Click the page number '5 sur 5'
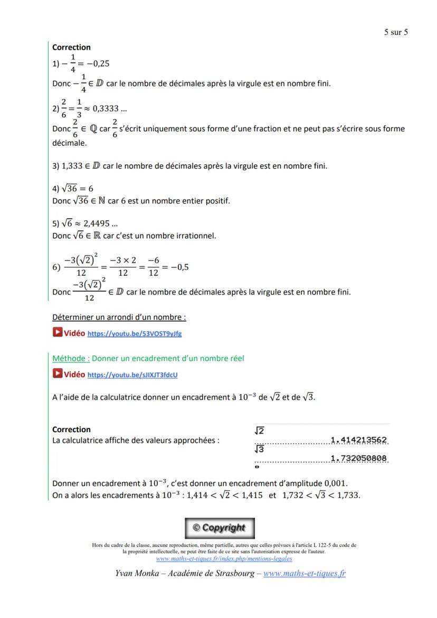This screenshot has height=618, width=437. point(395,32)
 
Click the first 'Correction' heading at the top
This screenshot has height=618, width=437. point(71,48)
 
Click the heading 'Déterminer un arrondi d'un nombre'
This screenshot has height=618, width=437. point(119,317)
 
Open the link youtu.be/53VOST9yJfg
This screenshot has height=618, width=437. point(134,334)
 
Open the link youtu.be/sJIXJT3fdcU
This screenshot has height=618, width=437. point(132,375)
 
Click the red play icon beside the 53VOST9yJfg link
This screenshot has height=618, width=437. point(57,333)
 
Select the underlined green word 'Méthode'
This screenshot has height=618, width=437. point(70,358)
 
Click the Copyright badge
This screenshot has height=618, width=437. point(218,528)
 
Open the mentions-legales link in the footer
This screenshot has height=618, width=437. point(224,559)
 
